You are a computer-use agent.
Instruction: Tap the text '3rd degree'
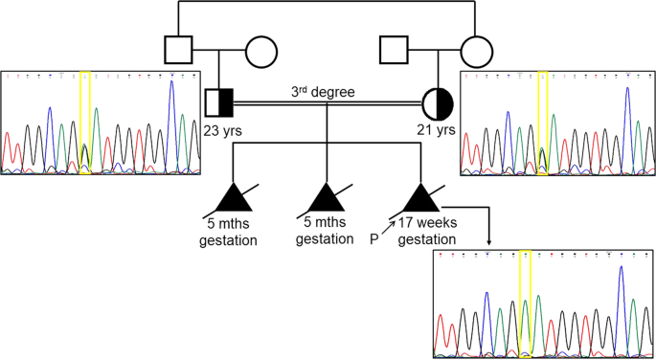click(x=323, y=92)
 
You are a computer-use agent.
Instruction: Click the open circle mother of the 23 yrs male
click(x=262, y=52)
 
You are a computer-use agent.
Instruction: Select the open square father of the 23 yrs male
click(x=177, y=52)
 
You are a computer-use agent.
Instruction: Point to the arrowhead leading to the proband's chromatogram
click(x=491, y=242)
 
